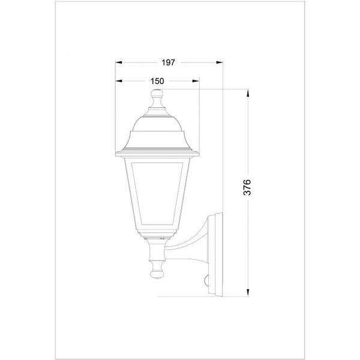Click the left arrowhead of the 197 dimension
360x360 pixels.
(x=118, y=62)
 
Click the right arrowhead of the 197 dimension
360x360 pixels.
(x=220, y=62)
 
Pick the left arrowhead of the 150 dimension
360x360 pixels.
(x=118, y=81)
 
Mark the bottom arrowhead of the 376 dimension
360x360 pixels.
(x=247, y=293)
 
